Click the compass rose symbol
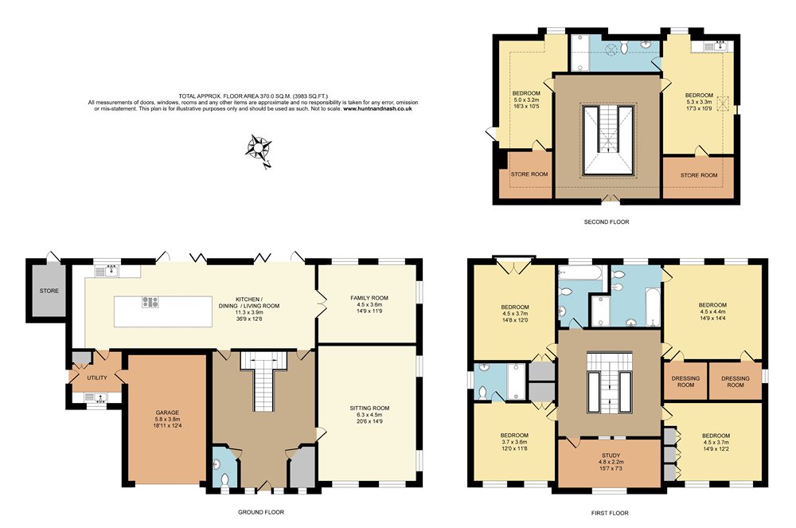click(259, 148)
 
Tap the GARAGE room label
click(167, 413)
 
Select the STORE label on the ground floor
click(49, 291)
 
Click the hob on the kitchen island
click(150, 302)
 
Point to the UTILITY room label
click(97, 377)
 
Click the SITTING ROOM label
click(369, 409)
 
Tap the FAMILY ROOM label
click(369, 298)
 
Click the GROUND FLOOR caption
click(261, 512)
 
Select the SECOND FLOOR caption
click(606, 222)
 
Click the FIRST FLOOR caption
click(610, 514)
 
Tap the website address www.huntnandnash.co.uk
click(377, 108)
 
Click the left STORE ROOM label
click(529, 174)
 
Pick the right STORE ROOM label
click(699, 175)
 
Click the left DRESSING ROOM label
click(685, 381)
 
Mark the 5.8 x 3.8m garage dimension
click(167, 420)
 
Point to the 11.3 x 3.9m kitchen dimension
click(248, 313)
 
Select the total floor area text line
click(253, 96)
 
